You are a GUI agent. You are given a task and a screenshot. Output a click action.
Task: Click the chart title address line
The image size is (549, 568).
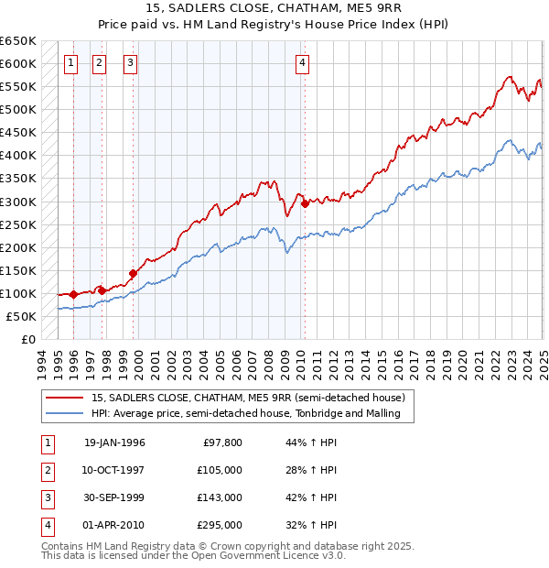[274, 9]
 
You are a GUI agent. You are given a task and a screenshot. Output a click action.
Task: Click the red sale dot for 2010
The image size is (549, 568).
[305, 203]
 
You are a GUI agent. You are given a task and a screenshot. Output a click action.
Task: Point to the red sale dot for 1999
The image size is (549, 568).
[133, 273]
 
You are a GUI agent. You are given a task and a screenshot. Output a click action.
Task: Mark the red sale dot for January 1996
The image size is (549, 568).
[73, 294]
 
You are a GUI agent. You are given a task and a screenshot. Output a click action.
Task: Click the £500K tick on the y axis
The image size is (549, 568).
[19, 110]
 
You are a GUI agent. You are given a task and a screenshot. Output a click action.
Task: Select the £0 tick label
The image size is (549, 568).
[27, 339]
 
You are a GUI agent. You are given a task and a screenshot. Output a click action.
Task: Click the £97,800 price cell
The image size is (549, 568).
[222, 442]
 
